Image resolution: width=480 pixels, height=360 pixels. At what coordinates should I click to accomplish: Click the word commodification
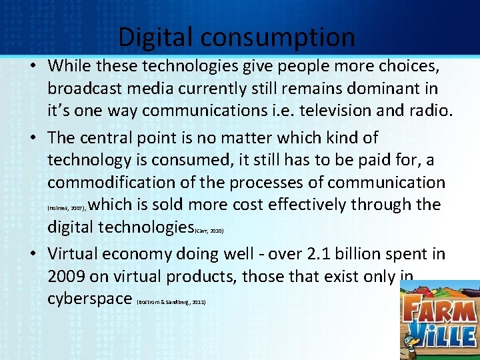pos(122,182)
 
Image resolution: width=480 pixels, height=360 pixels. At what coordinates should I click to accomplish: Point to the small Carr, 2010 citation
pos(209,231)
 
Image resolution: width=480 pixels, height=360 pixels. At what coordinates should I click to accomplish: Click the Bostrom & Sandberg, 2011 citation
pos(171,302)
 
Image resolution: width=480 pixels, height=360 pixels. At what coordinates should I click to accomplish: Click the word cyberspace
pos(89,298)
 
